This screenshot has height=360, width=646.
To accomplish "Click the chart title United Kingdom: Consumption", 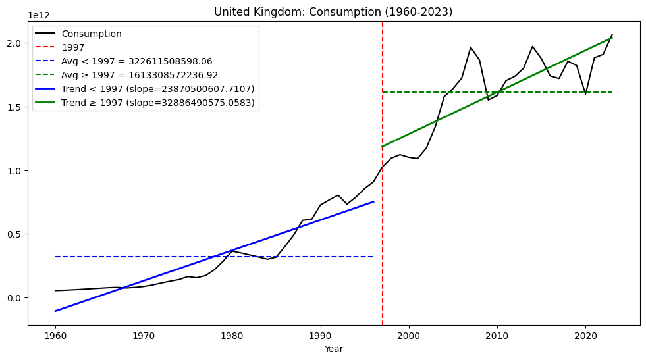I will (333, 12).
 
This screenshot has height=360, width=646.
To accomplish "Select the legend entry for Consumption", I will (92, 34).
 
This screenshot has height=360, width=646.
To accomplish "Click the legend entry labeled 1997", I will (72, 47).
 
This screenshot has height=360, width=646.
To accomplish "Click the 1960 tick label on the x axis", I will (55, 336).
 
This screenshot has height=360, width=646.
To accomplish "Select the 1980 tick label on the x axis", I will (232, 336).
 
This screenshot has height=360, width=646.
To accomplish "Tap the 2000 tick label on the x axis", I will (409, 336).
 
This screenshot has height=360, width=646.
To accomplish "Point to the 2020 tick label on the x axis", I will (585, 336).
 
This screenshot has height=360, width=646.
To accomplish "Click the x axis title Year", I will (333, 349).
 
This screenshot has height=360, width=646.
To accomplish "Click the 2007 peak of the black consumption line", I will (471, 47).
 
